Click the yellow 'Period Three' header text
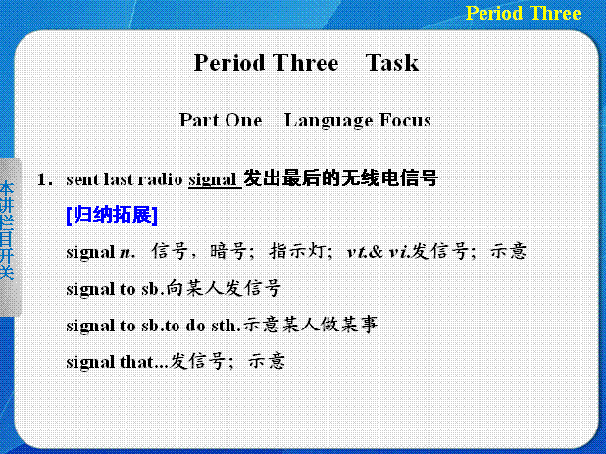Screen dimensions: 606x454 click(523, 13)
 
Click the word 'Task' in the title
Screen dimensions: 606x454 click(391, 63)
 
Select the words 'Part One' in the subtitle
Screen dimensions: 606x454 click(221, 120)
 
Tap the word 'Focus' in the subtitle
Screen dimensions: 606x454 click(405, 120)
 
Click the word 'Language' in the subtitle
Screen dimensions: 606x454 click(328, 121)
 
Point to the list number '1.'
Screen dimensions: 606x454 click(45, 179)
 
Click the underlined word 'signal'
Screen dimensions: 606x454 click(213, 180)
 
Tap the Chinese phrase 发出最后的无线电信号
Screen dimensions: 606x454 click(340, 178)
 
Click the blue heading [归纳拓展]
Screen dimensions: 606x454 click(112, 215)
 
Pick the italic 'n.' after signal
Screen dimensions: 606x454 click(127, 253)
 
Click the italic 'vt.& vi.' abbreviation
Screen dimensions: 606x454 click(379, 252)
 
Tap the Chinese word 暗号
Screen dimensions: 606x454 click(228, 251)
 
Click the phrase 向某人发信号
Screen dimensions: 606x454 click(224, 288)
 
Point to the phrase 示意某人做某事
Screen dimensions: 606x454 click(310, 325)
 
